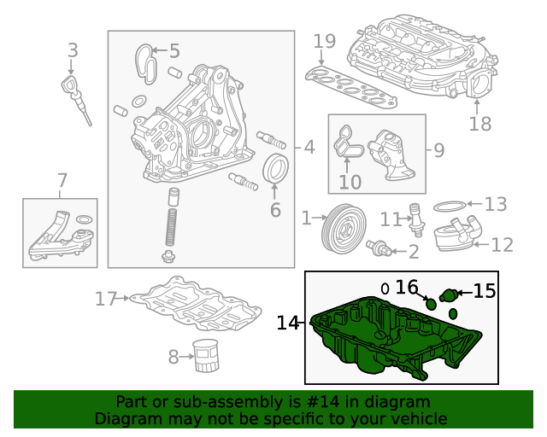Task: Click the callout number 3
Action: click(x=73, y=50)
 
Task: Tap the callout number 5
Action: click(x=174, y=51)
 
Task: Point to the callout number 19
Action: click(x=324, y=41)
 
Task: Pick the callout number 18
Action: click(x=480, y=124)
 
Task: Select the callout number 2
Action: click(x=413, y=252)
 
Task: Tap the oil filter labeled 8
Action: click(x=205, y=355)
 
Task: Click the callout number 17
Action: click(x=105, y=299)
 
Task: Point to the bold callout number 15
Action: click(x=484, y=291)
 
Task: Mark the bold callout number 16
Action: click(x=407, y=288)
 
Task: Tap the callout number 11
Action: click(x=391, y=219)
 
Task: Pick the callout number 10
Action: click(x=350, y=182)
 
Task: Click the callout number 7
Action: click(x=62, y=180)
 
